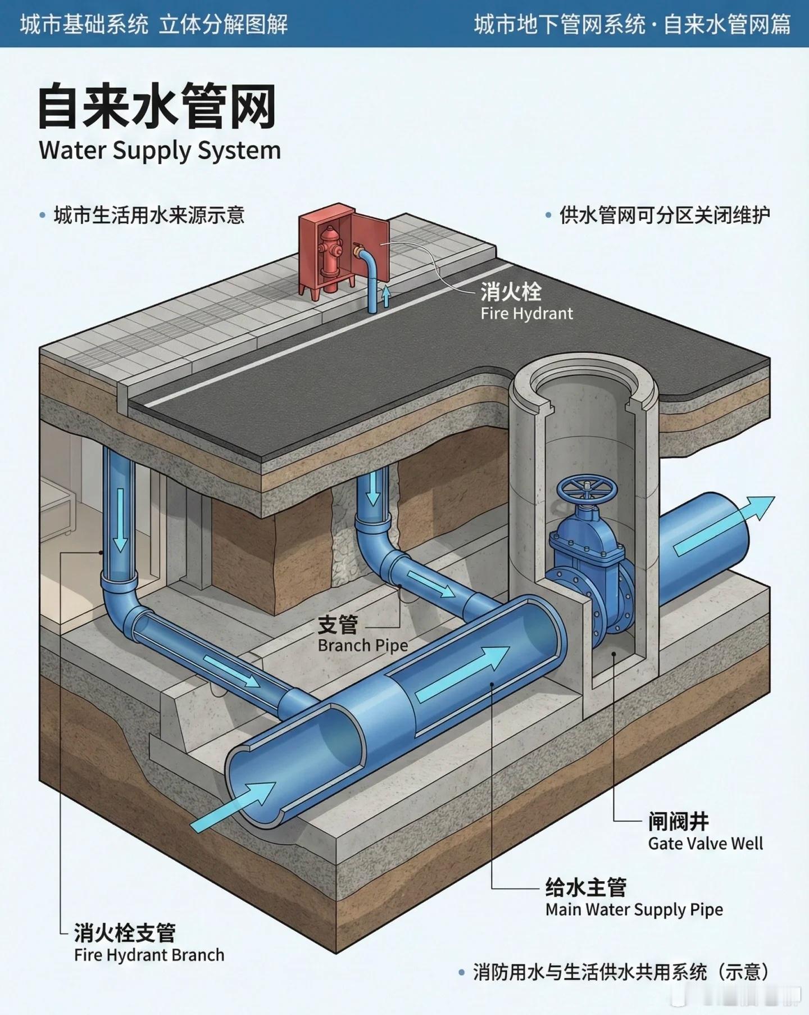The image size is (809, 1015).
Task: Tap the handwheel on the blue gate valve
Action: (587, 489)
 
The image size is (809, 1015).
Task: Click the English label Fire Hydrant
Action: (526, 314)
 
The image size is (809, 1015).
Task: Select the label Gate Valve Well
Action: (705, 843)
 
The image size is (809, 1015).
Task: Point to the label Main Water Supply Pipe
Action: (634, 909)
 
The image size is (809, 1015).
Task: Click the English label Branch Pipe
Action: (362, 645)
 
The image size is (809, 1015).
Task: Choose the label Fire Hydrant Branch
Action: (149, 955)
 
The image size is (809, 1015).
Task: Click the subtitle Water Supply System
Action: (160, 151)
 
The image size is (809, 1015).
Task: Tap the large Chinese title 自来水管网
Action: (157, 107)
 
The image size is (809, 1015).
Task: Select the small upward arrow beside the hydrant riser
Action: (386, 295)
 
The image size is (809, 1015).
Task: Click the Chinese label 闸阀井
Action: (678, 822)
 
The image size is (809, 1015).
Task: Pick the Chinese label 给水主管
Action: (585, 887)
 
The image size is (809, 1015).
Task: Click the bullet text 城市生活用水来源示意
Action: (149, 216)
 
